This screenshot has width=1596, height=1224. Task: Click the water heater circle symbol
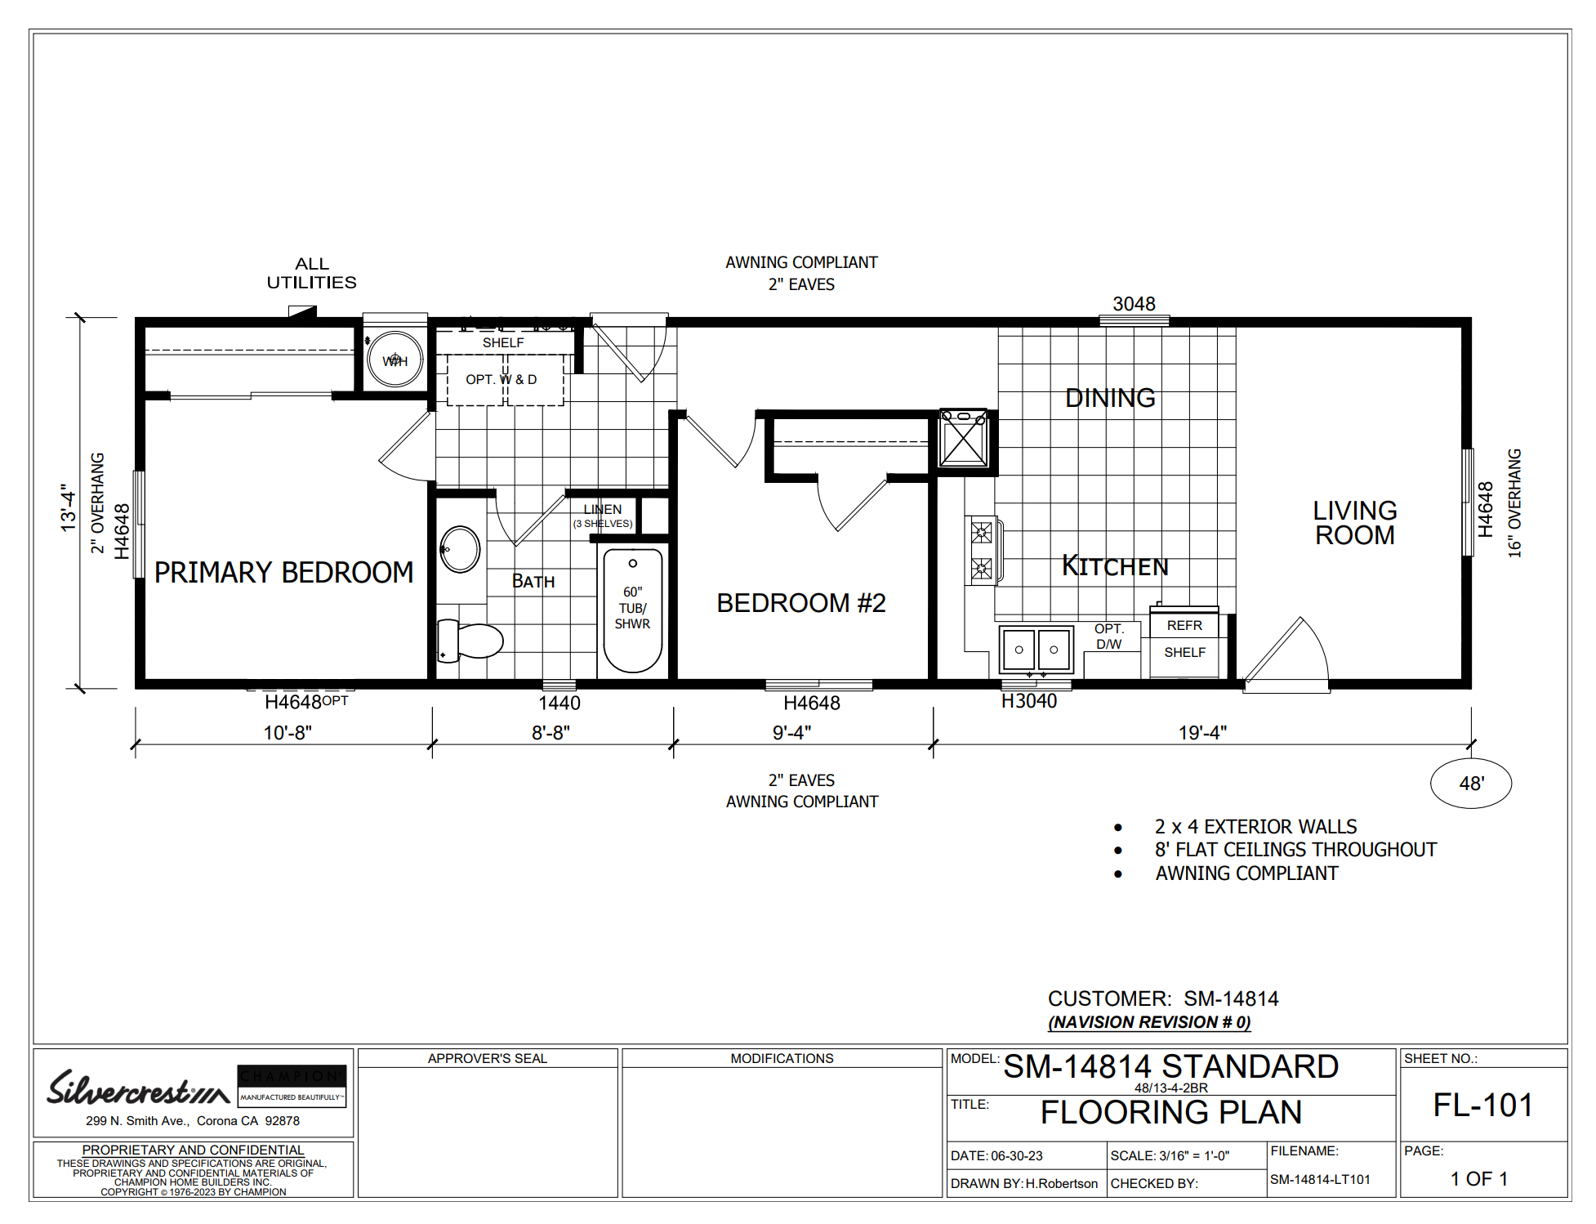(x=395, y=360)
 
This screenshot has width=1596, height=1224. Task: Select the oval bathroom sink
(x=460, y=549)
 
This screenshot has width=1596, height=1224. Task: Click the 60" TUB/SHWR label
(x=632, y=608)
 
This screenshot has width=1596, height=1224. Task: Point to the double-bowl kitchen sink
(x=1036, y=650)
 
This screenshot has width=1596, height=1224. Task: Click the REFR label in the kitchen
(x=1184, y=626)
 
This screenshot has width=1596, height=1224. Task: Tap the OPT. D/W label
(x=1109, y=637)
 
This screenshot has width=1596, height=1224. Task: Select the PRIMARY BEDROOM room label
(x=284, y=573)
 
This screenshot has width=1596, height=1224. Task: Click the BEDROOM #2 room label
(x=801, y=603)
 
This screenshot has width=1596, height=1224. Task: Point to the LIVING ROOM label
(x=1355, y=523)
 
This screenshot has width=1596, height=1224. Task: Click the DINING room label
(x=1110, y=398)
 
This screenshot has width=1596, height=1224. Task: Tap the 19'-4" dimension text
(x=1202, y=733)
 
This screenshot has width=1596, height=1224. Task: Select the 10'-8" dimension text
(x=288, y=733)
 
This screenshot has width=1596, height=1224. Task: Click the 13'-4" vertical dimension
(x=68, y=508)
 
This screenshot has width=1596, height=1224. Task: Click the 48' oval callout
(x=1471, y=784)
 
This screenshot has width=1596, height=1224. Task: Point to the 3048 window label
(x=1134, y=304)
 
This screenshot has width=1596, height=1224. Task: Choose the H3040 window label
(x=1029, y=701)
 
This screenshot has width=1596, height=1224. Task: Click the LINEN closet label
(x=603, y=509)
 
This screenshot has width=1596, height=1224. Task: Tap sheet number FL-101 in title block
(x=1483, y=1106)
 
